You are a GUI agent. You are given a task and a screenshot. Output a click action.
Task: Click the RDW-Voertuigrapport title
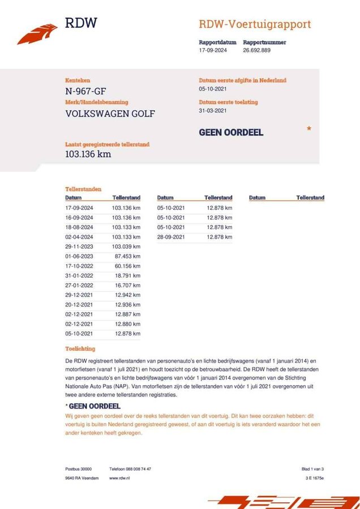pyautogui.click(x=254, y=24)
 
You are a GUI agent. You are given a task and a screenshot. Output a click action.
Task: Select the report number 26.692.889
pyautogui.click(x=256, y=50)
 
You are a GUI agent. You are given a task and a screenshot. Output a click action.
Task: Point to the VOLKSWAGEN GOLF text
pyautogui.click(x=110, y=113)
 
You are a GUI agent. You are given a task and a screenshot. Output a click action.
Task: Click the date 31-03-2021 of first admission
pyautogui.click(x=213, y=111)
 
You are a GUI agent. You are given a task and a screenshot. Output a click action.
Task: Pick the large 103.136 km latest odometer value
pyautogui.click(x=88, y=154)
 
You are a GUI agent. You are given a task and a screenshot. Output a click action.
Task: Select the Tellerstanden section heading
pyautogui.click(x=83, y=189)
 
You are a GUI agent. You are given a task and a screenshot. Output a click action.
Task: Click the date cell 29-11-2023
pyautogui.click(x=79, y=247)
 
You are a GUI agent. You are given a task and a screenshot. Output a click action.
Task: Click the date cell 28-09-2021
pyautogui.click(x=171, y=237)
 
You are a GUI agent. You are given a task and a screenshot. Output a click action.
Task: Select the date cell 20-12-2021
pyautogui.click(x=79, y=304)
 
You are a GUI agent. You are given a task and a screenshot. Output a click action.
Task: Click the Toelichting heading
pyautogui.click(x=80, y=349)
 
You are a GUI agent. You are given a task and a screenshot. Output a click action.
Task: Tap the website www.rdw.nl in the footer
pyautogui.click(x=121, y=478)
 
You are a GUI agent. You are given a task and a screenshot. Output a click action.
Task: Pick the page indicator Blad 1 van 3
pyautogui.click(x=312, y=469)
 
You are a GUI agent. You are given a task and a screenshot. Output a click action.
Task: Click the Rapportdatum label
pyautogui.click(x=217, y=42)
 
